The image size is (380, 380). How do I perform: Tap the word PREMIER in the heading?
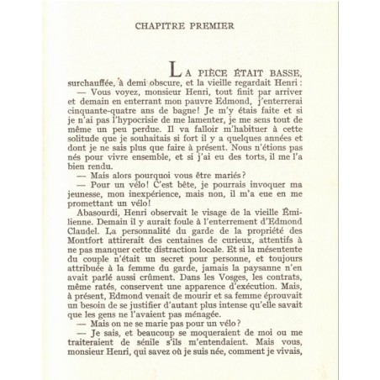click(x=212, y=36)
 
